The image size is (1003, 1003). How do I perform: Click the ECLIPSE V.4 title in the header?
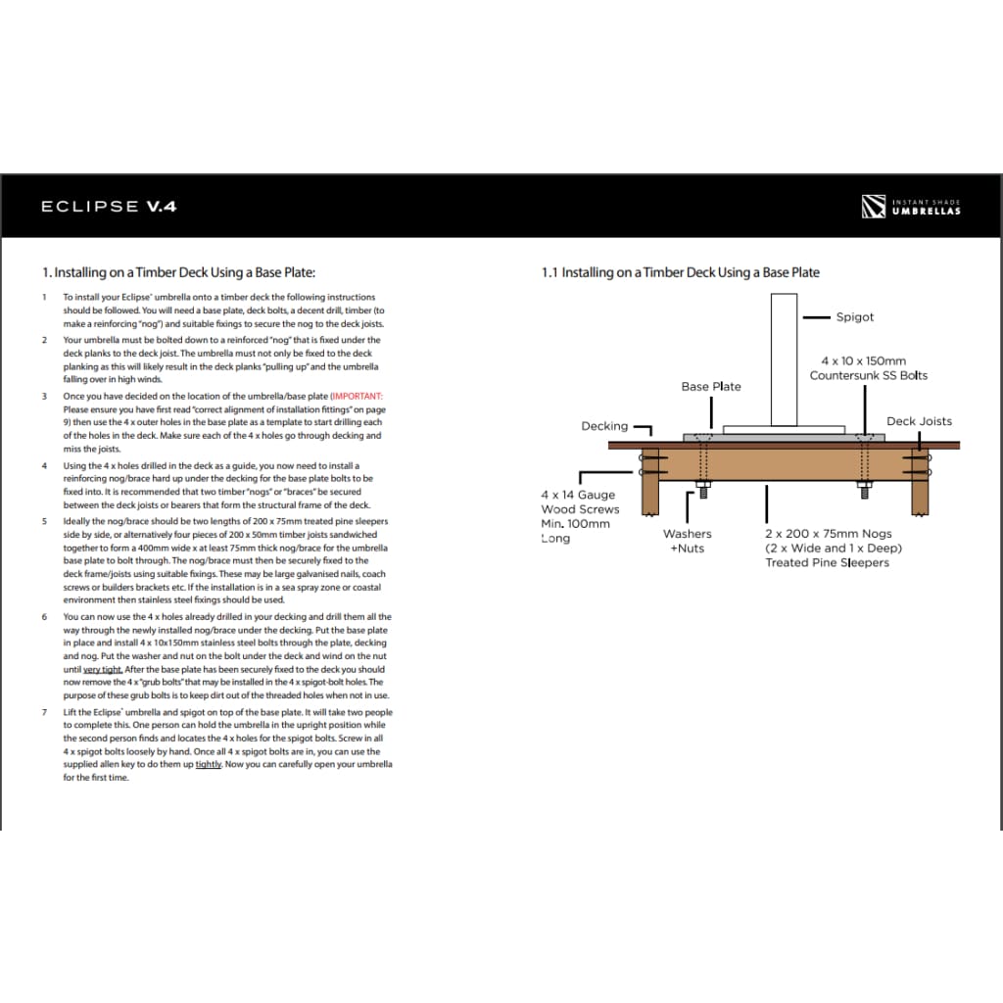tap(108, 207)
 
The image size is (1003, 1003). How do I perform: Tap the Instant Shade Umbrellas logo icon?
tap(873, 207)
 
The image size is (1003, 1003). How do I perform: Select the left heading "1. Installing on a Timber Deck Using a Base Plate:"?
tap(179, 272)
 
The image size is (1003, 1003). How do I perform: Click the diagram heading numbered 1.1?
tap(681, 272)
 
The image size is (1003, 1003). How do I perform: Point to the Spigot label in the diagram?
tap(854, 317)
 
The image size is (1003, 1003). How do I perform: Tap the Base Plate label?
tap(711, 386)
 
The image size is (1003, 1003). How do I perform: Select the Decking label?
tap(604, 426)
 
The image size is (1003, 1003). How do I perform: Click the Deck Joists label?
tap(919, 421)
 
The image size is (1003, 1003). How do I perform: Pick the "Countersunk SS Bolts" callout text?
tap(868, 375)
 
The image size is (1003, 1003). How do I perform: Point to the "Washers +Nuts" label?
tap(687, 541)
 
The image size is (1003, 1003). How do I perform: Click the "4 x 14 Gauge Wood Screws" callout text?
tap(580, 502)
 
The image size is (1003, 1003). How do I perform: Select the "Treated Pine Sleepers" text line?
tap(827, 563)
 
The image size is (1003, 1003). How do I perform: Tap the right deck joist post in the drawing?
tap(919, 484)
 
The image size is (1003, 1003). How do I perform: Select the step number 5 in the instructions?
tap(44, 521)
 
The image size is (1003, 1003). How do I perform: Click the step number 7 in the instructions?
tap(44, 712)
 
